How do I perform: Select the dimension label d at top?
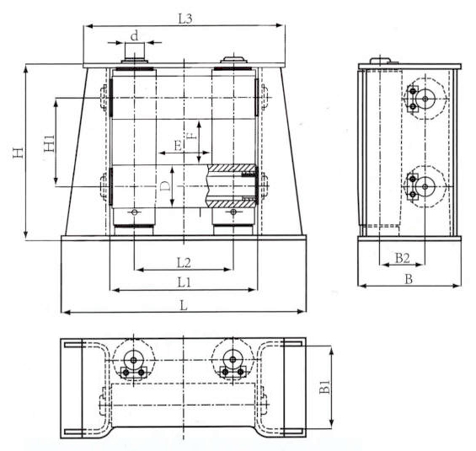point(135,35)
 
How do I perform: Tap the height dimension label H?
point(16,152)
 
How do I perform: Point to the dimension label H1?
point(48,142)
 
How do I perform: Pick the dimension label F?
point(191,135)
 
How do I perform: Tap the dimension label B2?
point(402,258)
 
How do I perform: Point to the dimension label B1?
point(324,389)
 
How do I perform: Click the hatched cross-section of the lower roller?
point(231,186)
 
